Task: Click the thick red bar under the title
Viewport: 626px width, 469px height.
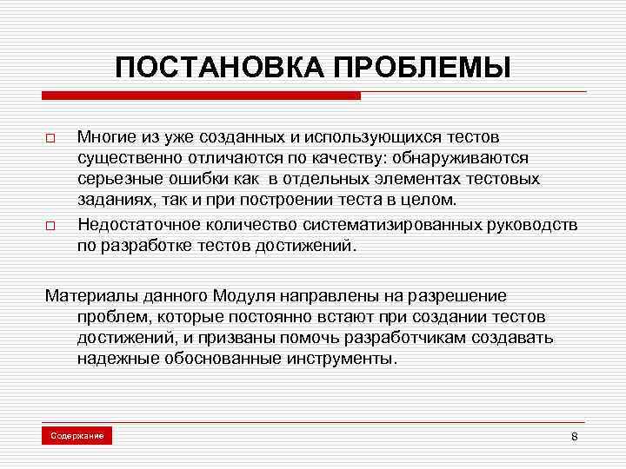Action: [201, 96]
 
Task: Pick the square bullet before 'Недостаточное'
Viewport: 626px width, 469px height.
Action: [50, 225]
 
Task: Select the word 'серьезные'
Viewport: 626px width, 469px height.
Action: [116, 179]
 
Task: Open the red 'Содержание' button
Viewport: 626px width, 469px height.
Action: [77, 434]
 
